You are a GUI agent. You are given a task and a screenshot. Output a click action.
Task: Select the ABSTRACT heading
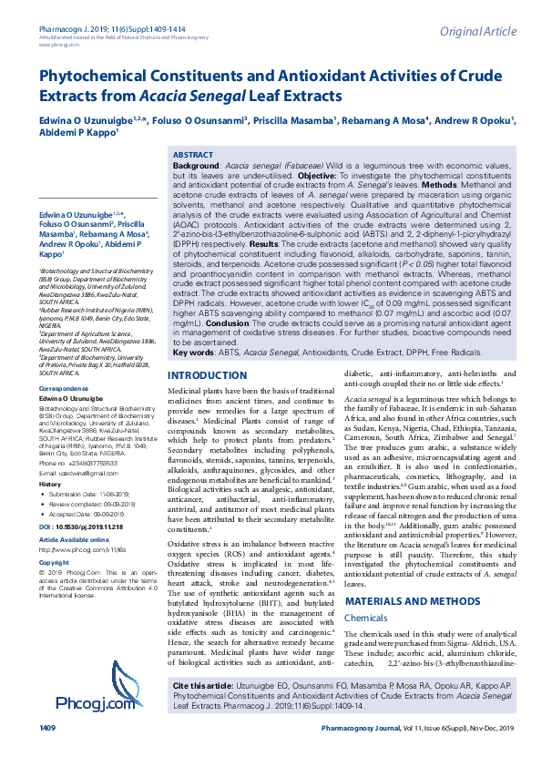click(193, 157)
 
